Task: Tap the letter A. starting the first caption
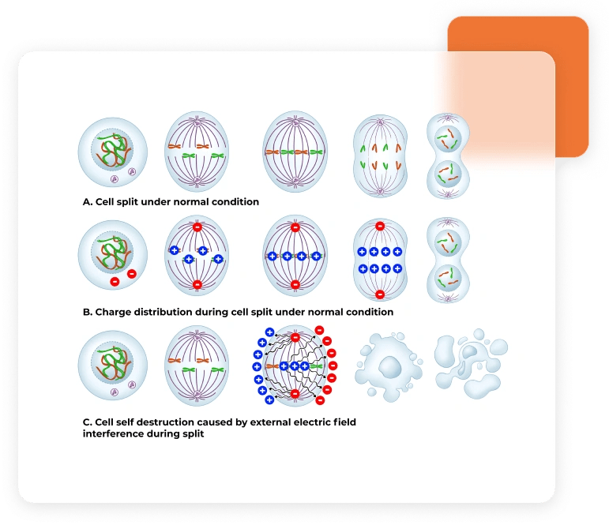click(88, 201)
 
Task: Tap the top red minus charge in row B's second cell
click(197, 228)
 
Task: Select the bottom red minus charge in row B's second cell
click(197, 284)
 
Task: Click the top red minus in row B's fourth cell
click(380, 227)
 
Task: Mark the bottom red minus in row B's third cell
click(295, 284)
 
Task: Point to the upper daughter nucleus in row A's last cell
click(447, 135)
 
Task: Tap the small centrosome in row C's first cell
click(115, 391)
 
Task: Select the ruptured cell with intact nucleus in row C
click(387, 366)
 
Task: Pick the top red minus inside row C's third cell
click(295, 338)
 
